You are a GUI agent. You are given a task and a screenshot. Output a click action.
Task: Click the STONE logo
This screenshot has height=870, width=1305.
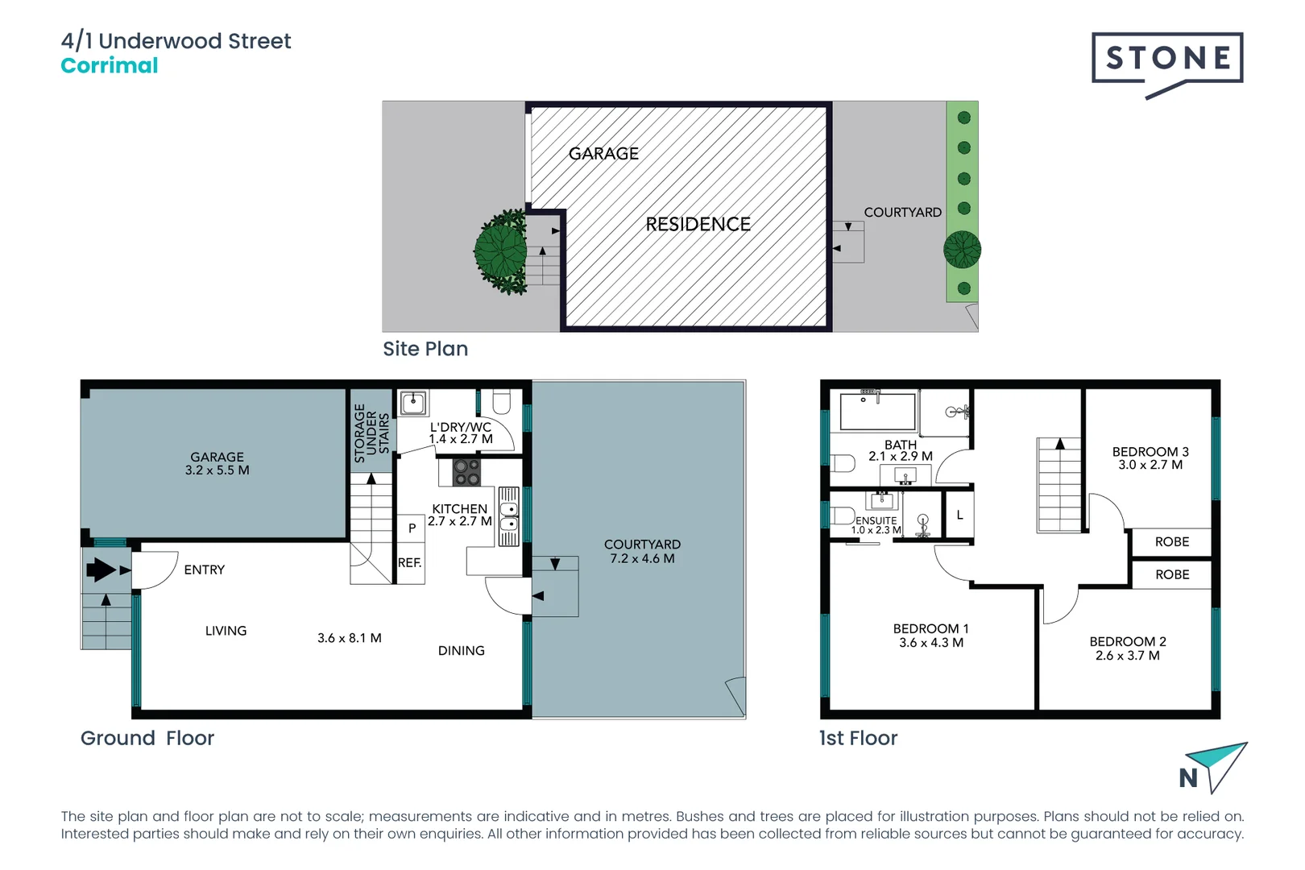pos(1167,64)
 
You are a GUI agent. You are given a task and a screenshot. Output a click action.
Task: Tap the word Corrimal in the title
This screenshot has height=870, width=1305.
pos(110,65)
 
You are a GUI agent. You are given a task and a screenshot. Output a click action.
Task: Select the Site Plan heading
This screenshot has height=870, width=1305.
pos(425,349)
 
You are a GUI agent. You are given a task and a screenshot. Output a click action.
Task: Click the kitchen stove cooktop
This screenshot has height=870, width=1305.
pos(466,473)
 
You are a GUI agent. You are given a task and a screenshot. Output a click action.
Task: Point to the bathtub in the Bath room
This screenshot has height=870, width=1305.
pos(877,412)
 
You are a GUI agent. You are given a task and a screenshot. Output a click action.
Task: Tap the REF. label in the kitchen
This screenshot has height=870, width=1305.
pos(409,562)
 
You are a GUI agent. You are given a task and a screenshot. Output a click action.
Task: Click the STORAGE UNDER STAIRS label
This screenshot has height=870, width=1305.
pos(371,433)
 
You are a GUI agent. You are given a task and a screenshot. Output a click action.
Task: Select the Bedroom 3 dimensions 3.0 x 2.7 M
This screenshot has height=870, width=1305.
pos(1150,465)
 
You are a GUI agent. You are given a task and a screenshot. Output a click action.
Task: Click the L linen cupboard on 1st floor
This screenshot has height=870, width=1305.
pos(959,515)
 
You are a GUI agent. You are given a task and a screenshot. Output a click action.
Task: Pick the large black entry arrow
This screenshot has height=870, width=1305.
pos(101,570)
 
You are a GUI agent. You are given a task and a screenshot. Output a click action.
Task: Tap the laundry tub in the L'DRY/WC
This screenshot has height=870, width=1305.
pos(413,403)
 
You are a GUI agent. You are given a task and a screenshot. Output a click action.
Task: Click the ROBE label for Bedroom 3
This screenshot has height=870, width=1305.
pos(1171,542)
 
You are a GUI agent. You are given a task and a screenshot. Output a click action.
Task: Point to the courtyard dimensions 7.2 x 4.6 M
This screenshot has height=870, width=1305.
pos(642,558)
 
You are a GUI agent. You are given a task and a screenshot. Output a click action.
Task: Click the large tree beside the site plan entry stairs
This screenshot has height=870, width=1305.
pos(501,251)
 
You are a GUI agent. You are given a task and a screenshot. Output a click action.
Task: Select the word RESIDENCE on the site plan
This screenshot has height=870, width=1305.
pos(698,224)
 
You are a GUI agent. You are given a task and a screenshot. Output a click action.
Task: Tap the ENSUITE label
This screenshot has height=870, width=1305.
pos(876,520)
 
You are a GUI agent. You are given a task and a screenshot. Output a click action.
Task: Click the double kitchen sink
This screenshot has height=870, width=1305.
pos(508,517)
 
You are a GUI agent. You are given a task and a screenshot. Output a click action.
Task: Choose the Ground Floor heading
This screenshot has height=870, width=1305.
pos(147,739)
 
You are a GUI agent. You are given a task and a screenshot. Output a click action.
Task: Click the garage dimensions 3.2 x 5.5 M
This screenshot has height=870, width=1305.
pos(217,470)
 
